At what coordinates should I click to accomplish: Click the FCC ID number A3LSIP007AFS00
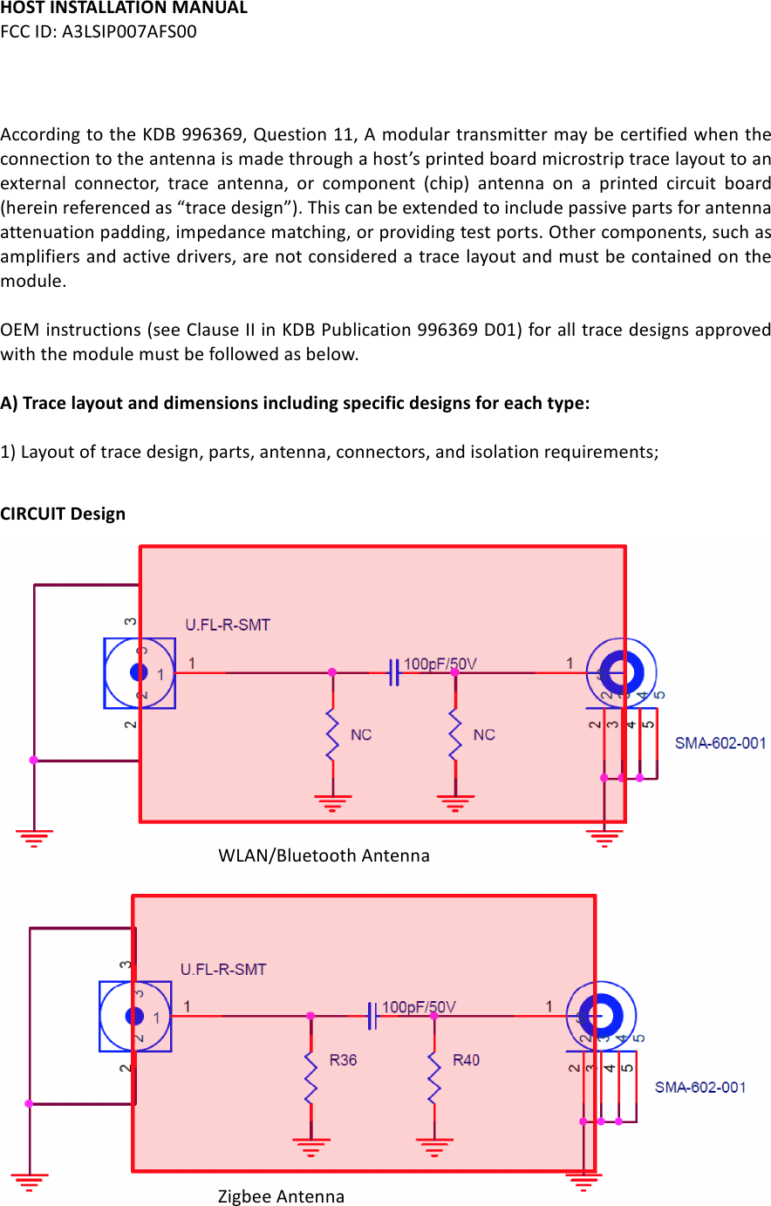tap(129, 32)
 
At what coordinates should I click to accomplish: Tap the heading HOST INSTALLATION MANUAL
tap(124, 9)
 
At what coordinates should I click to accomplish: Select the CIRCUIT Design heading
tap(63, 514)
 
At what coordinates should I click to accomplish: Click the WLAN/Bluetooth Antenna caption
tap(324, 855)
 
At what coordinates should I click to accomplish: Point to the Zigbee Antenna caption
tap(281, 1196)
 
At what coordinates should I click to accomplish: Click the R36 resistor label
tap(343, 1060)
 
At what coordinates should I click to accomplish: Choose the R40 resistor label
tap(466, 1060)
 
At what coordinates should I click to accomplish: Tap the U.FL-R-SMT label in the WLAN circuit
tap(228, 625)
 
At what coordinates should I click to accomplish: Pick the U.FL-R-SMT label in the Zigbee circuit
tap(223, 970)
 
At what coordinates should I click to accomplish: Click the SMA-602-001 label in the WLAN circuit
tap(720, 744)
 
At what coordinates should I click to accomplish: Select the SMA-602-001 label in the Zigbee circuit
tap(700, 1087)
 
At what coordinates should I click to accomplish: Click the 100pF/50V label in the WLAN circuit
tap(440, 664)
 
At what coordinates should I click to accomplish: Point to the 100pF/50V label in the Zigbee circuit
tap(419, 1007)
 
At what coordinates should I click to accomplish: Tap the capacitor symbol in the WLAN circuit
tap(394, 673)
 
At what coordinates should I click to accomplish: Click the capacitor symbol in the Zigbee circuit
tap(372, 1016)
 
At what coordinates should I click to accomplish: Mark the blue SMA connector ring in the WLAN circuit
tap(623, 672)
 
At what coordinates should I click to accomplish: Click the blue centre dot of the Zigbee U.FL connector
tap(134, 1016)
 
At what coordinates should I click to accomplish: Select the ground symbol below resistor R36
tap(311, 1146)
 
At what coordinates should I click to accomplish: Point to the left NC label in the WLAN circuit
tap(361, 735)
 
